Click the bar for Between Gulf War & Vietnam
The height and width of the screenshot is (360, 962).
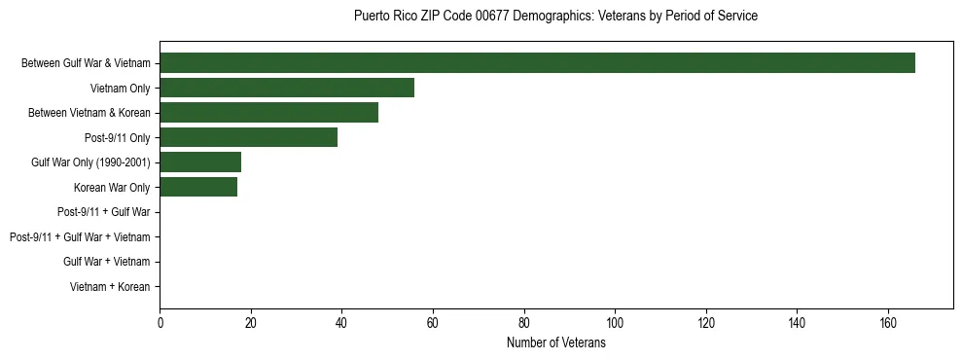(x=537, y=63)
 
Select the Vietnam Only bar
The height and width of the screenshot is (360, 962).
(x=287, y=88)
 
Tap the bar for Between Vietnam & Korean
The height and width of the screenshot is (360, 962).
(x=268, y=113)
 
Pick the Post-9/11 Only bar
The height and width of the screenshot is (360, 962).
(x=248, y=137)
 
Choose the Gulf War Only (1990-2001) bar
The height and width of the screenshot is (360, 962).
(x=200, y=162)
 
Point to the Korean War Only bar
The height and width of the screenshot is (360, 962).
(x=198, y=187)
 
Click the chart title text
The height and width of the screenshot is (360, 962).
(x=555, y=17)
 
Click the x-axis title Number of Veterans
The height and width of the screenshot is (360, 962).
(x=555, y=343)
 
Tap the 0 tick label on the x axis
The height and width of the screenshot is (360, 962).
(x=160, y=323)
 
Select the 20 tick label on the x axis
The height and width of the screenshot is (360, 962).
(x=251, y=323)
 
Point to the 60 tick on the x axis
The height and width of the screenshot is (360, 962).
(x=433, y=323)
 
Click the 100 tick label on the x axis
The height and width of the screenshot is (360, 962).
(x=615, y=323)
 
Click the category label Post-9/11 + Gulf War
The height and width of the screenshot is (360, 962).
(x=104, y=212)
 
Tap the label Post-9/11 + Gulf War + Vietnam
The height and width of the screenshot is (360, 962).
(x=80, y=237)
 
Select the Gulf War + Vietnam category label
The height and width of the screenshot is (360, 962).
(x=107, y=262)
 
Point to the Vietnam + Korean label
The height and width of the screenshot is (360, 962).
(x=110, y=287)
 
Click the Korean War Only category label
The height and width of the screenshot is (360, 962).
(x=112, y=187)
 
